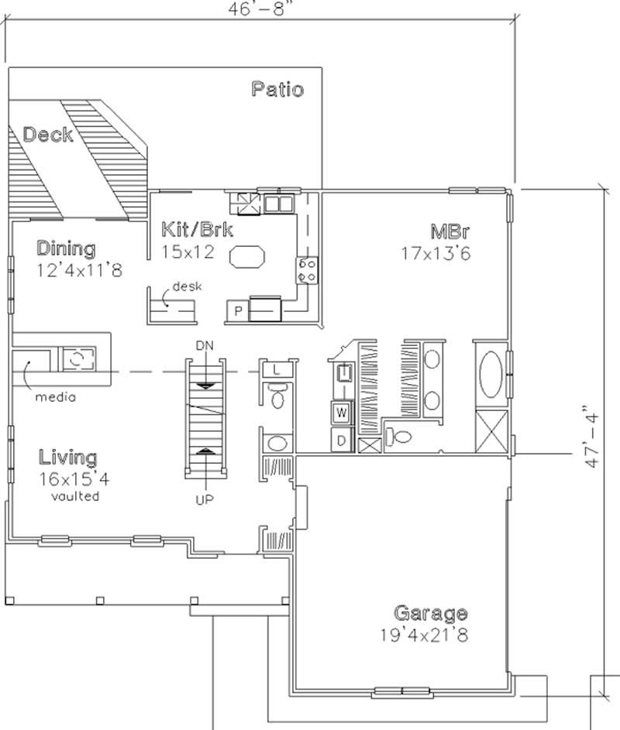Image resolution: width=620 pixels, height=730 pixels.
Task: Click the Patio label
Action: click(277, 89)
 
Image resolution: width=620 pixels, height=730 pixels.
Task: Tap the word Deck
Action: click(48, 135)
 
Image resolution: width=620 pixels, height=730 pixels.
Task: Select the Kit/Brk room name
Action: click(197, 229)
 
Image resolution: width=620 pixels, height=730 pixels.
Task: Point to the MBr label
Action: click(449, 231)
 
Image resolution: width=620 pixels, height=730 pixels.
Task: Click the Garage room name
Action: click(431, 614)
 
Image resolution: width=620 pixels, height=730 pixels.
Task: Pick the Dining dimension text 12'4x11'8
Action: click(80, 270)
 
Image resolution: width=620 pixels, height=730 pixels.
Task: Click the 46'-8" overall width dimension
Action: click(263, 9)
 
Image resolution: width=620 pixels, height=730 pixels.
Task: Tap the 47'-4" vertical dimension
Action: click(591, 437)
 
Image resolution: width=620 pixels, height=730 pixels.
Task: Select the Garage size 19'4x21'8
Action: click(424, 635)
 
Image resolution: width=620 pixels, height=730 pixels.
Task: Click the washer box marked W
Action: click(342, 413)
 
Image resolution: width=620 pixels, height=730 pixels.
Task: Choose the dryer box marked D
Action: click(342, 440)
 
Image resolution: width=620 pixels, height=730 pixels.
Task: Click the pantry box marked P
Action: click(238, 311)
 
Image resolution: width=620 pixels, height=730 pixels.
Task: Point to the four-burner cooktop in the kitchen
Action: click(307, 270)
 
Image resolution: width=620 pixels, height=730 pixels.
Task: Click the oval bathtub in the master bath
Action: click(491, 375)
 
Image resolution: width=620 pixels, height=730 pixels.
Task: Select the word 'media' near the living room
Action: click(56, 397)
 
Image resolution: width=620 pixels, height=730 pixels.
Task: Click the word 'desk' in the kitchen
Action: click(187, 286)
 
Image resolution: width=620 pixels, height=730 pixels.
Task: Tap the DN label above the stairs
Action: click(205, 345)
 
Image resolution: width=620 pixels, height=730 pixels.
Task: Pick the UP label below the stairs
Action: click(205, 500)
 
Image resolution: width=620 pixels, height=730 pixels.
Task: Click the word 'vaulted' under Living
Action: click(75, 496)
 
